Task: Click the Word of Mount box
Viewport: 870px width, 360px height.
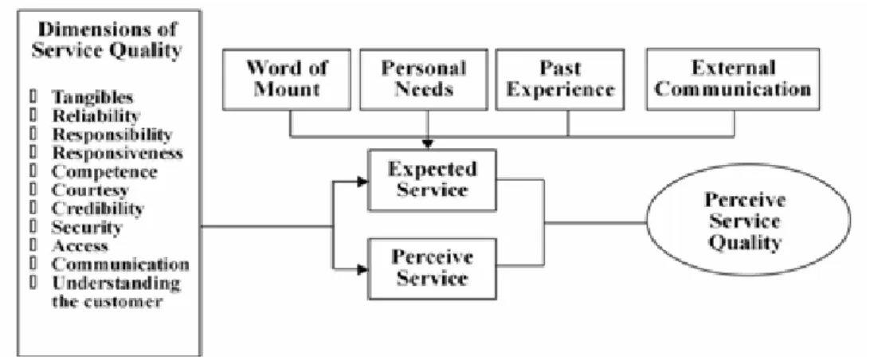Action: coord(286,80)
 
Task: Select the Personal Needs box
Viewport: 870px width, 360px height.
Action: coord(423,80)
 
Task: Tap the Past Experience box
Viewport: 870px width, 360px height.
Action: coord(559,80)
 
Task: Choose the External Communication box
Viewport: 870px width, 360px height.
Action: coord(732,80)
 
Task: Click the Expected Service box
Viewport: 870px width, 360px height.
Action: coord(432,180)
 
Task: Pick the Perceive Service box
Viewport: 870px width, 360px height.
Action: coord(432,268)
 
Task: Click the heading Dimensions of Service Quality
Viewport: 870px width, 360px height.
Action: coord(107,39)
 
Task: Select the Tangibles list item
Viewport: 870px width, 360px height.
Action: coord(92,97)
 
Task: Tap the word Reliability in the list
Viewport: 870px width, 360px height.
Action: coord(95,115)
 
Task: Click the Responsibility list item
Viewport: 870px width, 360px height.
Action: coord(112,135)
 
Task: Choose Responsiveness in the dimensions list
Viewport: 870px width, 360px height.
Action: coord(117,153)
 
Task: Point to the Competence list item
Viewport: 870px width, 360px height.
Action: coord(104,171)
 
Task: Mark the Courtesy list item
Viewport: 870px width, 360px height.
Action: coord(90,190)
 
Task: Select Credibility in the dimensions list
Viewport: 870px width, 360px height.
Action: coord(98,209)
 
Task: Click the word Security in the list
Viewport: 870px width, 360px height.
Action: coord(87,227)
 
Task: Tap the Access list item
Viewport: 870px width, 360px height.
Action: coord(80,245)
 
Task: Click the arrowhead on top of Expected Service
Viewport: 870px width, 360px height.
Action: coord(428,143)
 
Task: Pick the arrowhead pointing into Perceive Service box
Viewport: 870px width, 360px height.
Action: coord(362,269)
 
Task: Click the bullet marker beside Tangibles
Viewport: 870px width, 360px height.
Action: coord(33,97)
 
